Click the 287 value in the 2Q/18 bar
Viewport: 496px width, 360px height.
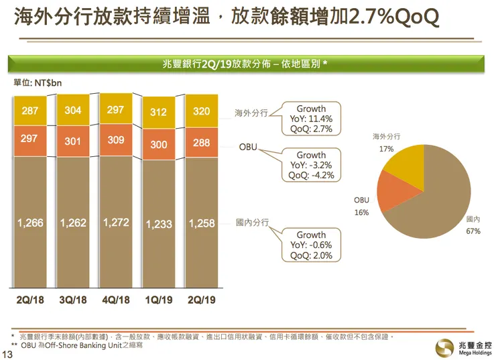30,111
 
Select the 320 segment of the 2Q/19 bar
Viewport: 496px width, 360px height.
202,111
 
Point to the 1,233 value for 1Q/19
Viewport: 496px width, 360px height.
159,225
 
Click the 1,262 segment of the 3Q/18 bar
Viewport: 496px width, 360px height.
73,223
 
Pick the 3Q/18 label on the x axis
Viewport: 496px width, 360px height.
73,300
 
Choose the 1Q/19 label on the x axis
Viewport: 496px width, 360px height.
159,300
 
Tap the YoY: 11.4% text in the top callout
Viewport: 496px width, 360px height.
311,119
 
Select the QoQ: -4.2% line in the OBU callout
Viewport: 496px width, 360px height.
311,176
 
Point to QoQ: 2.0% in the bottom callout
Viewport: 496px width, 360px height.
311,255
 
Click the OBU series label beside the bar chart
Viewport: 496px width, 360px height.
248,145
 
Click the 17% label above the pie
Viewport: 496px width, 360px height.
386,149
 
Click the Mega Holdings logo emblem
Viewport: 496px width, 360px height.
444,347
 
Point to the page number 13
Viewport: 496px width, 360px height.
8,353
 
